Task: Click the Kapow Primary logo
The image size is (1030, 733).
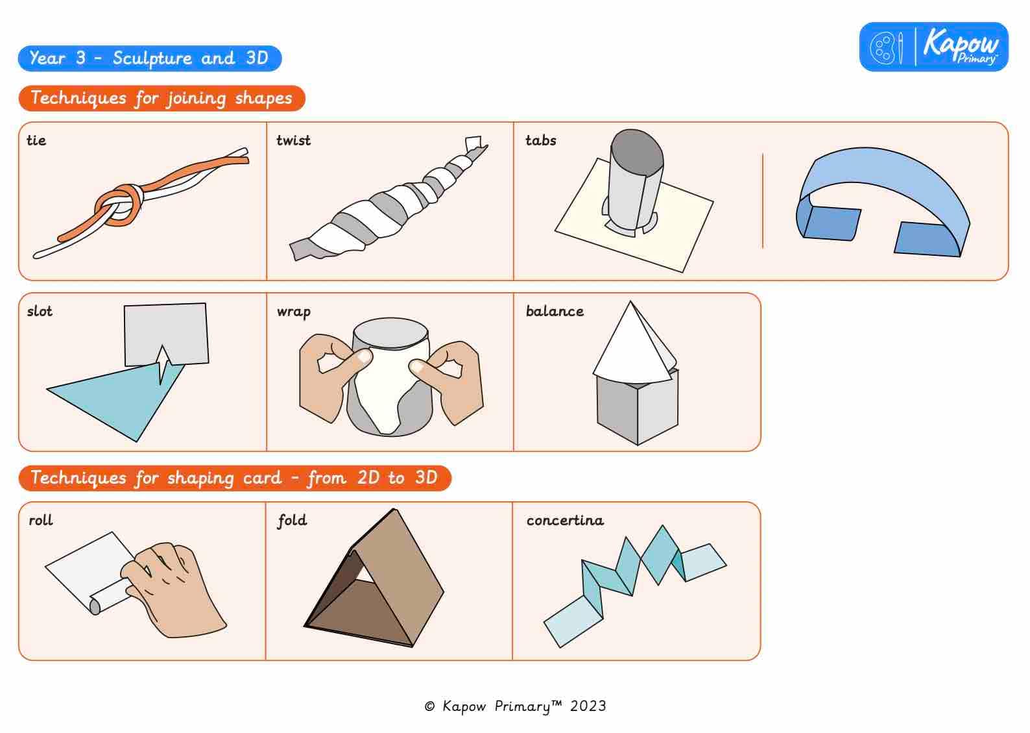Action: (x=933, y=47)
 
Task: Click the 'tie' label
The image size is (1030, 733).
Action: (x=36, y=140)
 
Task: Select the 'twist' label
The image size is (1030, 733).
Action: (x=293, y=140)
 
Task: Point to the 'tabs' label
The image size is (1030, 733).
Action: (x=540, y=140)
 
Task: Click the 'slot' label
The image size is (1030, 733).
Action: (x=40, y=311)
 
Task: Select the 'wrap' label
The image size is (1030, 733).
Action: (x=293, y=312)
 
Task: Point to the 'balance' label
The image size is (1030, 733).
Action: (x=555, y=311)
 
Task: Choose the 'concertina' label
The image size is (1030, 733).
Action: (x=564, y=520)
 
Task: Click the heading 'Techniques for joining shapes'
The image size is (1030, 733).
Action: (x=162, y=98)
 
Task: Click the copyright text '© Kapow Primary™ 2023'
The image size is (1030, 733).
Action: (x=515, y=706)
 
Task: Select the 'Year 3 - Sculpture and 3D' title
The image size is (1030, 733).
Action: (x=149, y=58)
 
